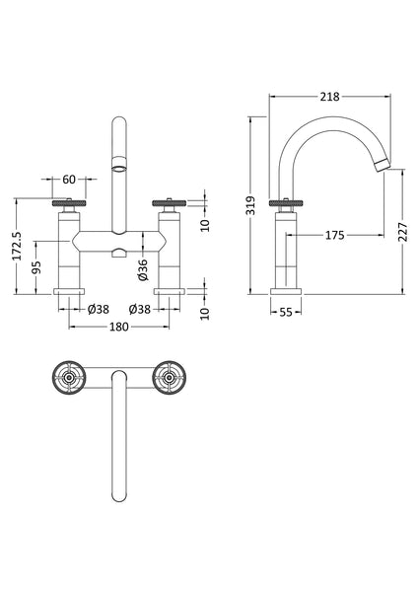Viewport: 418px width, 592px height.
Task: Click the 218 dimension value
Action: pos(330,97)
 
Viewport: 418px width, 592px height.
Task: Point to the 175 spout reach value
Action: pos(334,235)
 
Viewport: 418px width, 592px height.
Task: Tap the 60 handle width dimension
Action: pos(68,181)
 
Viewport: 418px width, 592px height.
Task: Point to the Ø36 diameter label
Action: pos(143,268)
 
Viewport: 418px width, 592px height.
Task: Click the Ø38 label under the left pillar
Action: pos(98,309)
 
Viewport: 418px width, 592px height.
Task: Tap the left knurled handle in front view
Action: pos(69,204)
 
